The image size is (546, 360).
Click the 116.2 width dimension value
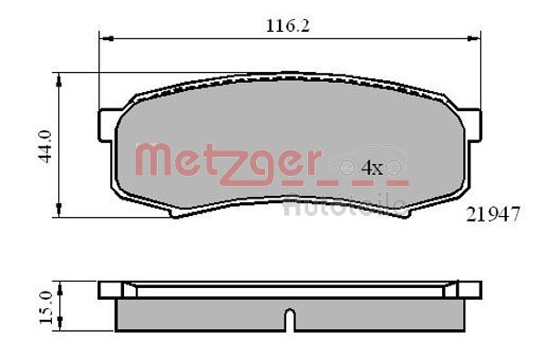pyautogui.click(x=288, y=26)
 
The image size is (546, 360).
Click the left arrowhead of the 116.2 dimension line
pyautogui.click(x=103, y=39)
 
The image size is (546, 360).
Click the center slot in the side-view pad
pyautogui.click(x=289, y=320)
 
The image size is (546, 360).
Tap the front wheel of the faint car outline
pyautogui.click(x=347, y=168)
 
